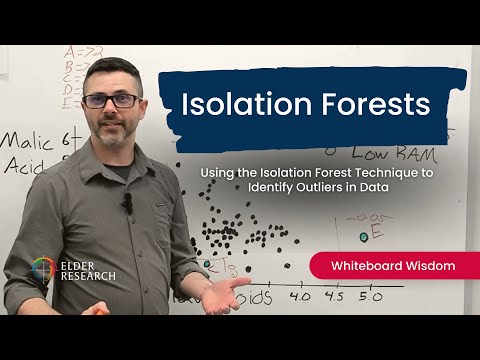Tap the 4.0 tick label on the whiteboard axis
299,297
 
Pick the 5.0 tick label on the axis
371,297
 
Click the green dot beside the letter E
364,237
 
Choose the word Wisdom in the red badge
423,266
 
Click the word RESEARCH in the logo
87,275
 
